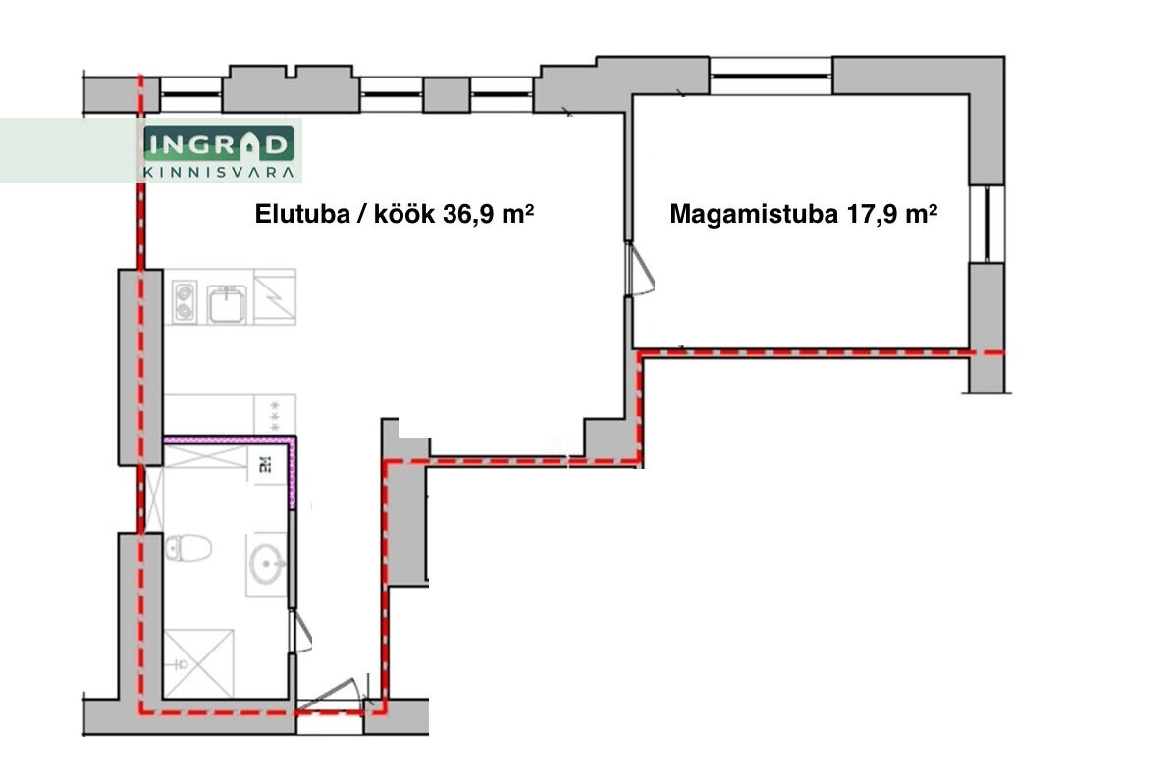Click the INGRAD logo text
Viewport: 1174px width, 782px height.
(x=218, y=143)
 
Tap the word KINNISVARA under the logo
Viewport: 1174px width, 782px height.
(x=218, y=172)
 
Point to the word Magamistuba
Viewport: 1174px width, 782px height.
(x=754, y=214)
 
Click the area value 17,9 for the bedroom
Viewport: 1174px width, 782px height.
(x=873, y=215)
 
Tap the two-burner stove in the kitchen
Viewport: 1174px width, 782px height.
(x=185, y=301)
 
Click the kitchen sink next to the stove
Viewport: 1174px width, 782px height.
(x=227, y=303)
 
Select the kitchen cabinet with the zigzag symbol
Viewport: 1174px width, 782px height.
(x=275, y=297)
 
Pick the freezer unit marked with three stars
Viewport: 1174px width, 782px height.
(x=275, y=415)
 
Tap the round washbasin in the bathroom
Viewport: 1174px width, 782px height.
(x=267, y=563)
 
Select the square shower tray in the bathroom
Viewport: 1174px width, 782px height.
(x=198, y=663)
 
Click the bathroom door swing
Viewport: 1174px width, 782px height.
(x=300, y=631)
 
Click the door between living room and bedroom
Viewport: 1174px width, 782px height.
(x=640, y=269)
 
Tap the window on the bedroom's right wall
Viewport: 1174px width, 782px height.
(x=987, y=224)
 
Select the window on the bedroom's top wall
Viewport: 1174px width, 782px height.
(x=771, y=76)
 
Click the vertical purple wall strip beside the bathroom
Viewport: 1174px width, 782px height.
(x=293, y=474)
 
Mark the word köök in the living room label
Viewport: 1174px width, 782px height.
(x=404, y=214)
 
